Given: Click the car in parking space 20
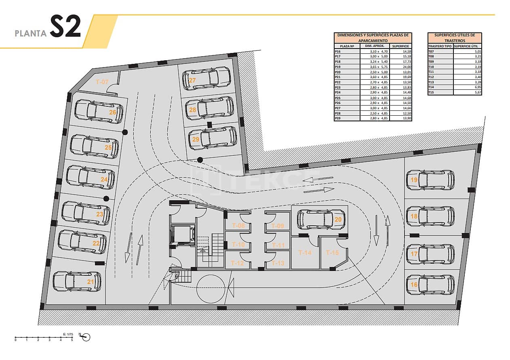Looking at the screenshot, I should pyautogui.click(x=317, y=219).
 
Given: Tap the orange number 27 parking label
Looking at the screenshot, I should pyautogui.click(x=192, y=80).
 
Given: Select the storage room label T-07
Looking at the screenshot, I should pyautogui.click(x=102, y=82).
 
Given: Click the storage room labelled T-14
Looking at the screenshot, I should pyautogui.click(x=305, y=253).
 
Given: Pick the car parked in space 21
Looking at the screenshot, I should pyautogui.click(x=76, y=282).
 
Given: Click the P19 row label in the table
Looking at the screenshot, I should pyautogui.click(x=338, y=67).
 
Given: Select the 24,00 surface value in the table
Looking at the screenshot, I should pyautogui.click(x=403, y=67).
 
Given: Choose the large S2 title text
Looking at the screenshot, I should pyautogui.click(x=65, y=28).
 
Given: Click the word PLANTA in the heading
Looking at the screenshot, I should pyautogui.click(x=31, y=34).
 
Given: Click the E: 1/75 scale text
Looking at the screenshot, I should pyautogui.click(x=68, y=334).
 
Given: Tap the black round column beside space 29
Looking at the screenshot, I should pyautogui.click(x=200, y=160).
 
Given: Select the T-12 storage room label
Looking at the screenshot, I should pyautogui.click(x=237, y=263).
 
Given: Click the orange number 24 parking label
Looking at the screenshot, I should pyautogui.click(x=104, y=179).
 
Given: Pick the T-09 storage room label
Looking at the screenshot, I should pyautogui.click(x=278, y=226).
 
